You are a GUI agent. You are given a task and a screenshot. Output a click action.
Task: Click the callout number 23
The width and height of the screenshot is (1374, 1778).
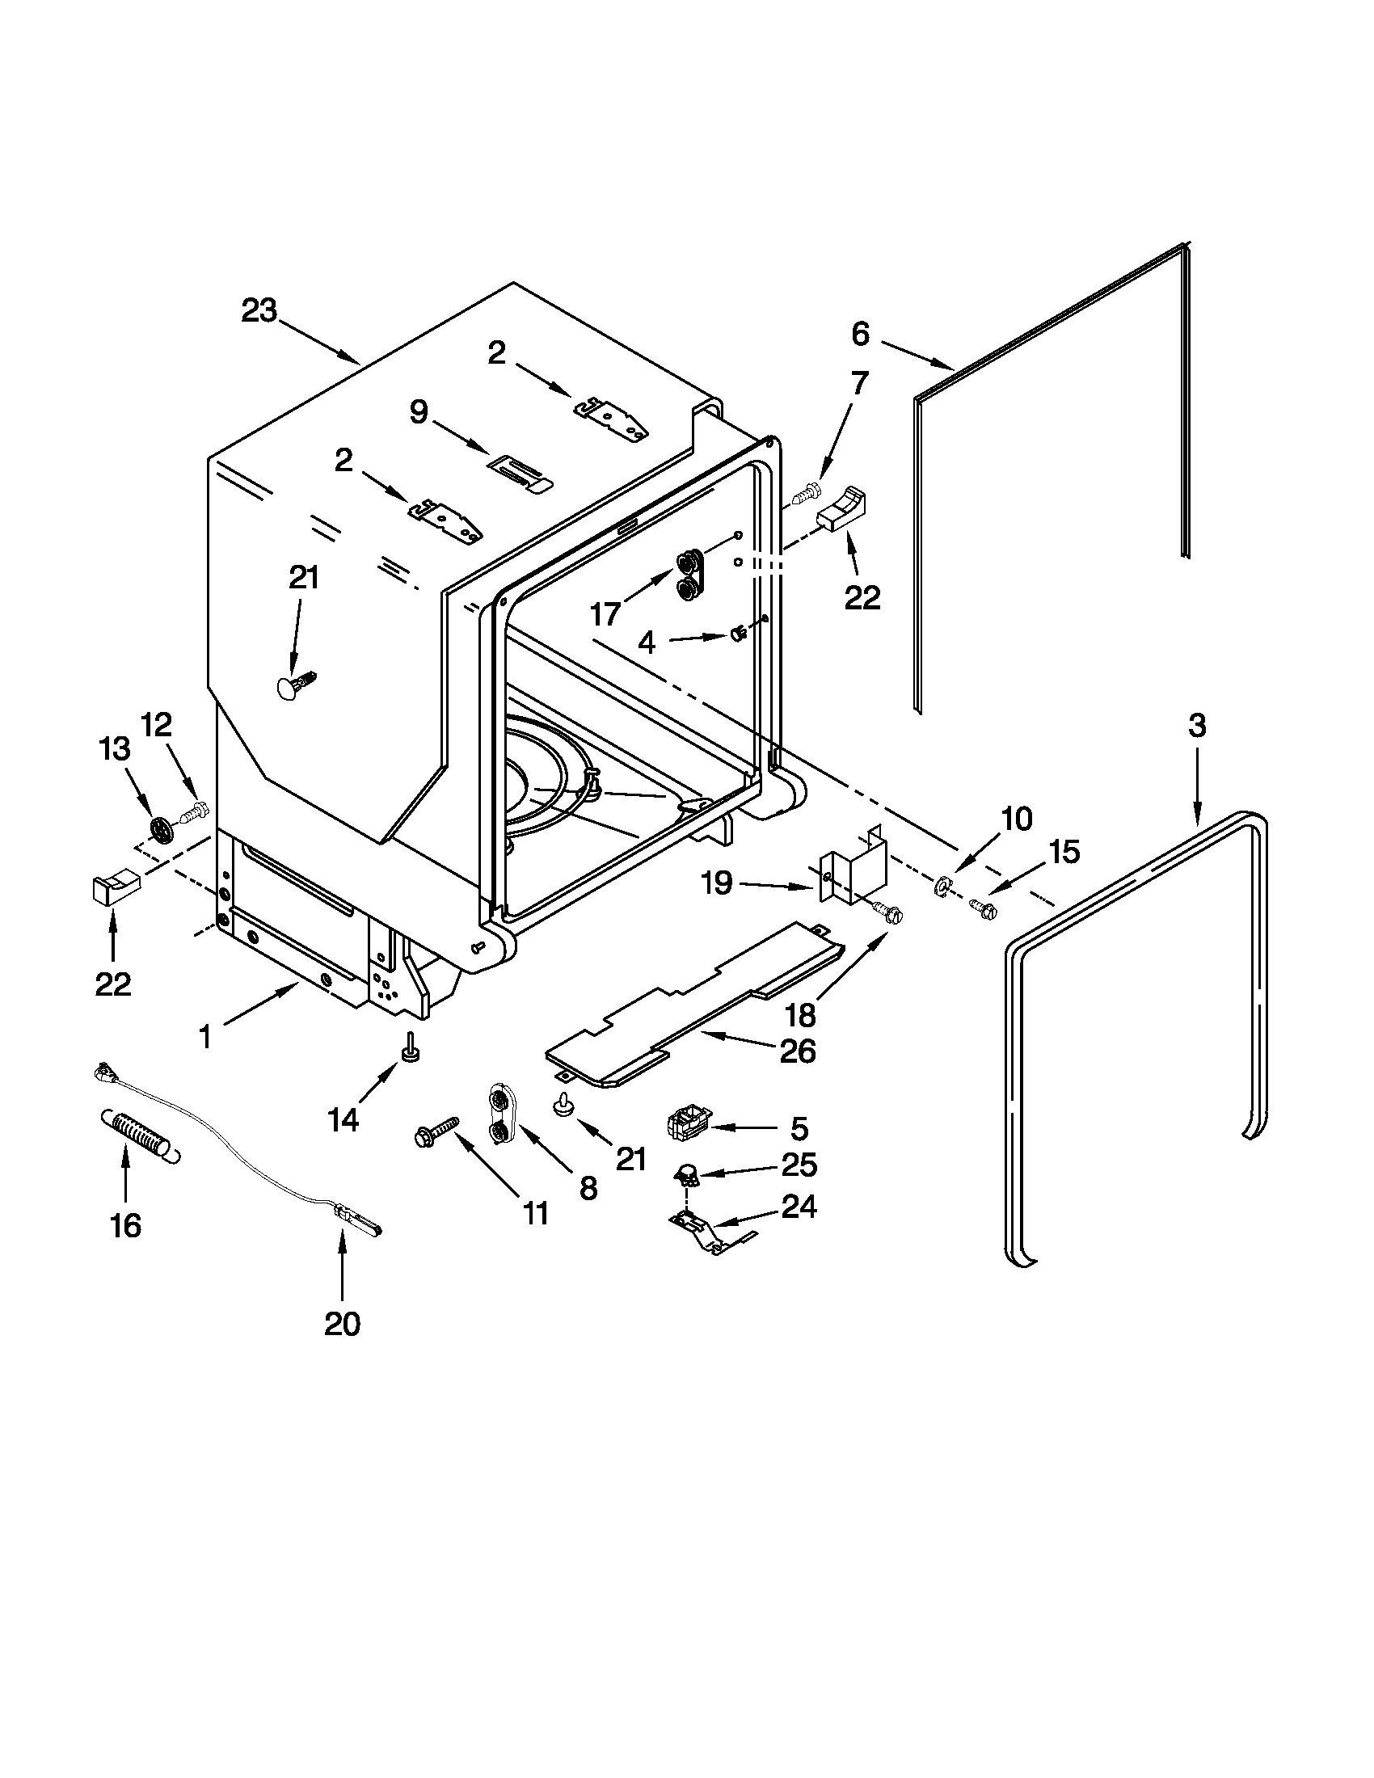[259, 311]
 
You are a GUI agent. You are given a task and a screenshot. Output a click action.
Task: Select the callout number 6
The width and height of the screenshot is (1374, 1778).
[861, 334]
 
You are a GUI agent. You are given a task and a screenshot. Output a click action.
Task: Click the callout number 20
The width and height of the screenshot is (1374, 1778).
[342, 1325]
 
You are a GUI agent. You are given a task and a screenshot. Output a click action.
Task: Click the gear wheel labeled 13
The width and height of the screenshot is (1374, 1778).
[163, 830]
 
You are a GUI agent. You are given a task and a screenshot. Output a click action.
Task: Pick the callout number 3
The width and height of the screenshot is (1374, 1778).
[1196, 725]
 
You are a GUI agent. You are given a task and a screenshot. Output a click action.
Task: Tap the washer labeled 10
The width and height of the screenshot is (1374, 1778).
[944, 883]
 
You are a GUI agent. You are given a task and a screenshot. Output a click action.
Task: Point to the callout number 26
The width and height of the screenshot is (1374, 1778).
[797, 1051]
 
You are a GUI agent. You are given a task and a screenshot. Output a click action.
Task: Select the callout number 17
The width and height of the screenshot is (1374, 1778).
[605, 614]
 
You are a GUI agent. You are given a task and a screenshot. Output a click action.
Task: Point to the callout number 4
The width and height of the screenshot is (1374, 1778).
[646, 643]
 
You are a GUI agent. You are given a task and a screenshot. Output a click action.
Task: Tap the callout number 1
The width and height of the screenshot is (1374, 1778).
[206, 1036]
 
